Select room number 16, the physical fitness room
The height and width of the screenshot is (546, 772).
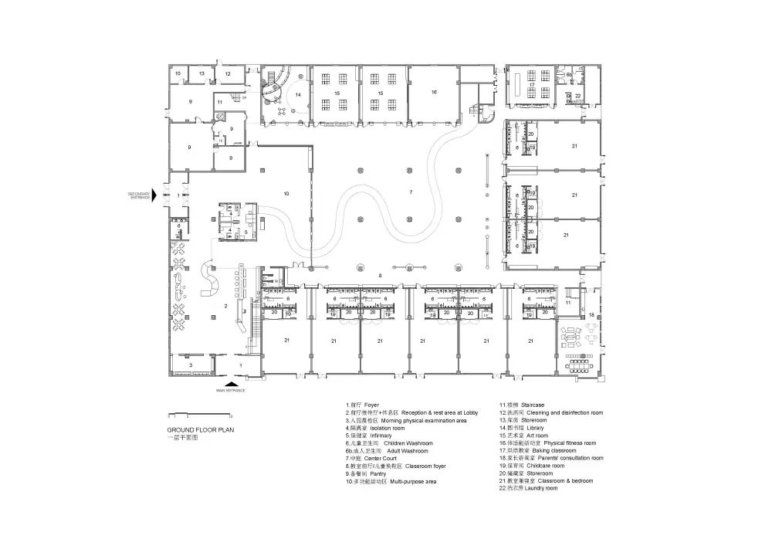pyautogui.click(x=434, y=92)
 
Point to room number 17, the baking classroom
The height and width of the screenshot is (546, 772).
pyautogui.click(x=532, y=84)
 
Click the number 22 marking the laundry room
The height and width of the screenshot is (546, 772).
pyautogui.click(x=578, y=96)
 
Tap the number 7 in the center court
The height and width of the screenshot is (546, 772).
pyautogui.click(x=411, y=191)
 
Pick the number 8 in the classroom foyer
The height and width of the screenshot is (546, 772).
pyautogui.click(x=380, y=275)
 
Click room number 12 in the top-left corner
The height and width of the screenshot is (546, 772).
pyautogui.click(x=228, y=73)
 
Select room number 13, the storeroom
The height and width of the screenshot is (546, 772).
pyautogui.click(x=201, y=73)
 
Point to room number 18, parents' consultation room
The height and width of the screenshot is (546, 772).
pyautogui.click(x=592, y=315)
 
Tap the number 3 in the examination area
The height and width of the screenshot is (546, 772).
pyautogui.click(x=191, y=363)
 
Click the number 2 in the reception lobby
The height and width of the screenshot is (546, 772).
pyautogui.click(x=225, y=307)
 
